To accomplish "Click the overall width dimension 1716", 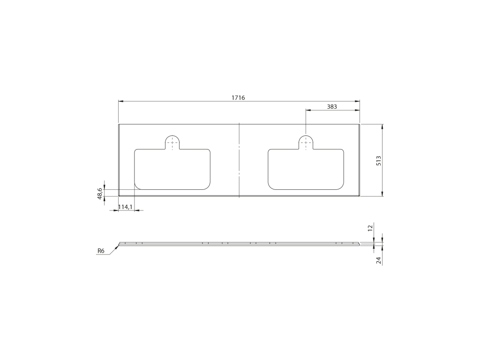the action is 238,97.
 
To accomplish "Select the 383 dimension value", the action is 332,106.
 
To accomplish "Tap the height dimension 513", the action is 379,161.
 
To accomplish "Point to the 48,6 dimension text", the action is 99,194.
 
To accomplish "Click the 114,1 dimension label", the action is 125,207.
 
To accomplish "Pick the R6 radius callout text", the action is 101,251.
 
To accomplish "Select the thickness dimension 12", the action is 370,228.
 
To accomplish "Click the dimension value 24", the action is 379,261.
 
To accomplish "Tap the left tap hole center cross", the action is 172,142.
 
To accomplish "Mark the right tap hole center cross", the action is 306,142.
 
